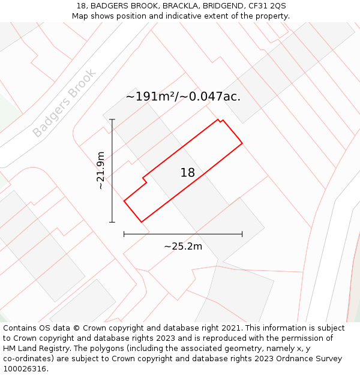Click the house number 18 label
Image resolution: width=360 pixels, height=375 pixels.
pos(188,173)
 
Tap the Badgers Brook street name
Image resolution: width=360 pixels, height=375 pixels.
pos(64,103)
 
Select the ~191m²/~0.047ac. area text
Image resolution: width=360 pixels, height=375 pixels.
pos(183,96)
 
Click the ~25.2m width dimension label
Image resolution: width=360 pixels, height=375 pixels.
pos(183,246)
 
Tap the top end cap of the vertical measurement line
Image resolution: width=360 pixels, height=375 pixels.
pos(112,120)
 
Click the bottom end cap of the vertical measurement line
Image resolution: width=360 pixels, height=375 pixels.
pos(112,222)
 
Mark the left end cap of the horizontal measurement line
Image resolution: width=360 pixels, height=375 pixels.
pos(124,234)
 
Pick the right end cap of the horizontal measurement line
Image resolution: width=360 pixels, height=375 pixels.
pos(242,234)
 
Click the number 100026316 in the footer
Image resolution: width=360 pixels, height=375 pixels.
pos(25,369)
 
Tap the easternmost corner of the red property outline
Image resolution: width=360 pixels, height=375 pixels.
pos(242,143)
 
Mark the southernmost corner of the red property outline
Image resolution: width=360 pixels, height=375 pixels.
pos(142,222)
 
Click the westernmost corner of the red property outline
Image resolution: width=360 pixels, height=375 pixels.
pos(124,200)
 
